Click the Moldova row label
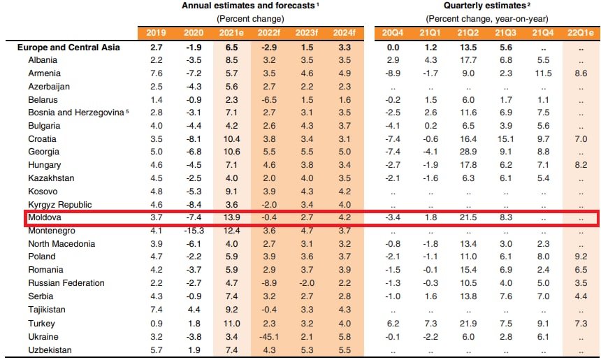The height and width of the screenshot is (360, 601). [x=44, y=217]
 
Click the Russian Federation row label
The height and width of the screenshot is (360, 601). [x=66, y=283]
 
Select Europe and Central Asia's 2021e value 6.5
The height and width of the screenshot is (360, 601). [x=231, y=47]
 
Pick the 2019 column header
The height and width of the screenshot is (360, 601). [x=157, y=33]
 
